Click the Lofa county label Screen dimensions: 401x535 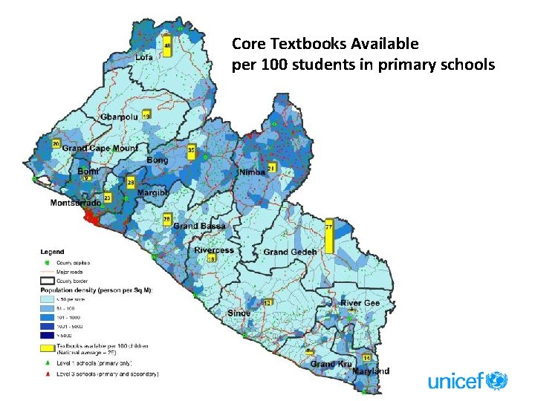(145, 58)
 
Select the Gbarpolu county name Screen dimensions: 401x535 (120, 118)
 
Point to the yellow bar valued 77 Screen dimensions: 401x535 (328, 236)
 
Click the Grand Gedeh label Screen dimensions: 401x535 (290, 252)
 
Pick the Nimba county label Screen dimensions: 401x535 (252, 173)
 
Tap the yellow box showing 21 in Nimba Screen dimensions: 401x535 (271, 169)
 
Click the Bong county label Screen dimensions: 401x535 (157, 160)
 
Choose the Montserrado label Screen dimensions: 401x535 (75, 203)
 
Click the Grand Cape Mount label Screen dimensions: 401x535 (100, 149)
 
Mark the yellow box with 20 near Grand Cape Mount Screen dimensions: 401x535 (56, 143)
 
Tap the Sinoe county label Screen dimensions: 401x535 (239, 313)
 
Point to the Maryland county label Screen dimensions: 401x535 (371, 371)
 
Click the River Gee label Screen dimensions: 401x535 (360, 304)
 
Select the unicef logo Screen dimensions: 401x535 (467, 382)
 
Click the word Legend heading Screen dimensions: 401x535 (53, 252)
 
